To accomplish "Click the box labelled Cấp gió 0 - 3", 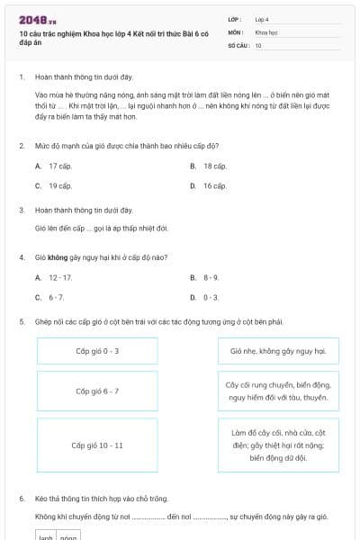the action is point(97,351).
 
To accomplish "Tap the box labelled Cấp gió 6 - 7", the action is point(97,391).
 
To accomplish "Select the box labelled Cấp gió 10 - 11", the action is point(97,445).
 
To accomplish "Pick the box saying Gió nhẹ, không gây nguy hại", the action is point(278,351).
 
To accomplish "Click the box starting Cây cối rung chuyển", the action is point(278,391).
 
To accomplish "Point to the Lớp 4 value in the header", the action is point(262,19).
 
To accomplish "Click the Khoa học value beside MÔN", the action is point(266,31).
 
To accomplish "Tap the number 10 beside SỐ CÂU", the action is point(258,45).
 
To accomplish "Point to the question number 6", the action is point(22,498).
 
